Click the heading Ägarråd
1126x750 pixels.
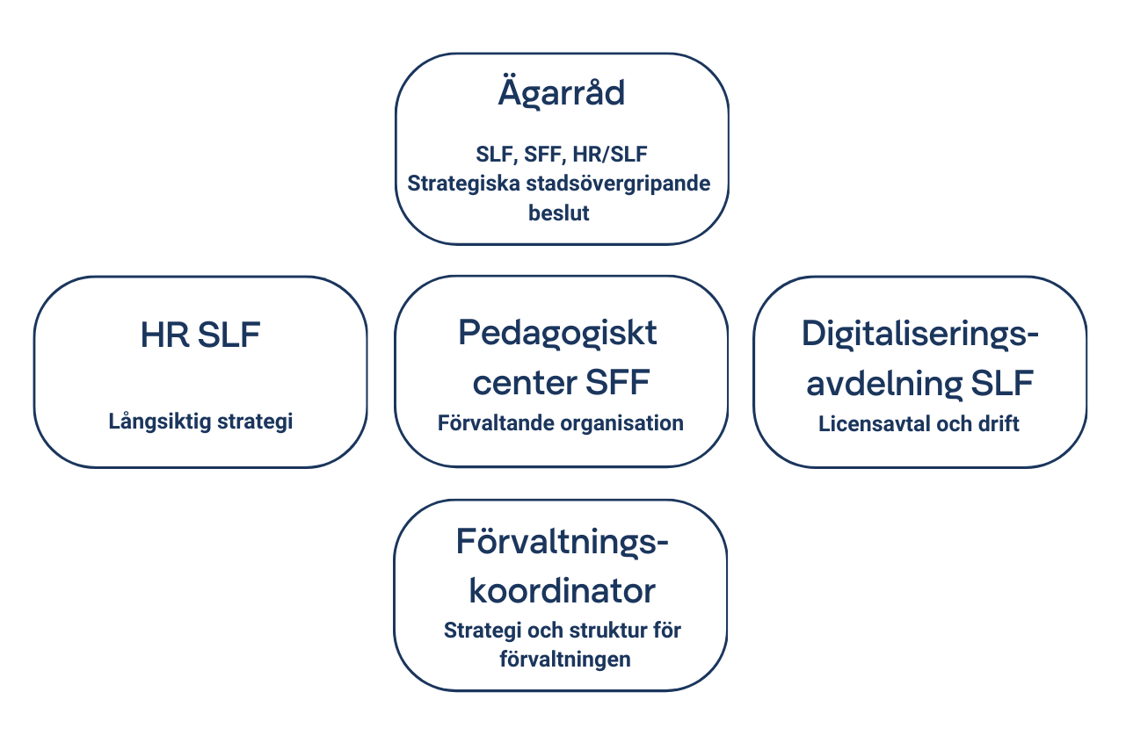click(x=562, y=92)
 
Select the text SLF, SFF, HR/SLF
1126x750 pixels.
click(x=562, y=155)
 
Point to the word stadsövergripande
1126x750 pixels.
click(x=618, y=184)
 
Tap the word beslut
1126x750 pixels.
click(x=558, y=213)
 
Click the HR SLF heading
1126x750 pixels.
click(x=200, y=335)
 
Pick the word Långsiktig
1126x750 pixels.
click(x=160, y=422)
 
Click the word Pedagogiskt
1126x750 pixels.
click(x=557, y=334)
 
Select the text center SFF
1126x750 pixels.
click(x=561, y=383)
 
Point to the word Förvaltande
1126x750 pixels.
click(x=496, y=423)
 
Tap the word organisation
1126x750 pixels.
click(x=621, y=423)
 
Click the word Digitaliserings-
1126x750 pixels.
click(x=920, y=335)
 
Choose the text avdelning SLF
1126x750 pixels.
click(x=920, y=383)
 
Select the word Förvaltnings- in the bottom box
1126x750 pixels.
click(x=562, y=543)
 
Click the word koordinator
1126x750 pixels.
click(x=562, y=591)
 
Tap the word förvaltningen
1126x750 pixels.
click(x=565, y=660)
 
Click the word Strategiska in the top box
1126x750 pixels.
click(x=463, y=184)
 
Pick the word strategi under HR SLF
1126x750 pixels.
click(x=255, y=422)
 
